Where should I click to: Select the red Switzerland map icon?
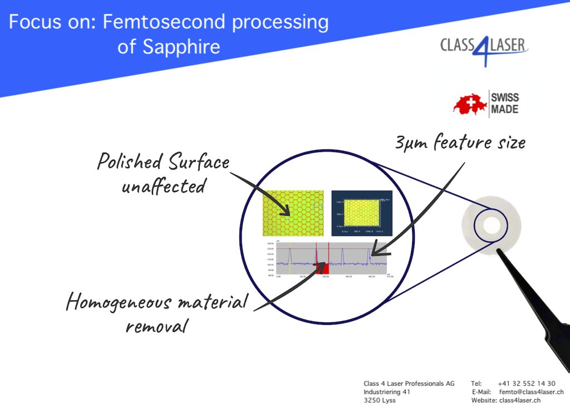(x=470, y=105)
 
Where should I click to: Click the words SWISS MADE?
(x=504, y=104)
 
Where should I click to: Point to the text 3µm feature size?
(x=460, y=143)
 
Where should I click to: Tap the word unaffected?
(x=163, y=185)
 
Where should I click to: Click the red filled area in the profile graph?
(x=323, y=269)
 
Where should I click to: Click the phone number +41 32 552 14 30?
(x=526, y=383)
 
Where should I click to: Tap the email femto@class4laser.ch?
(x=531, y=392)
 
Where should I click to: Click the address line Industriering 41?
(x=387, y=392)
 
